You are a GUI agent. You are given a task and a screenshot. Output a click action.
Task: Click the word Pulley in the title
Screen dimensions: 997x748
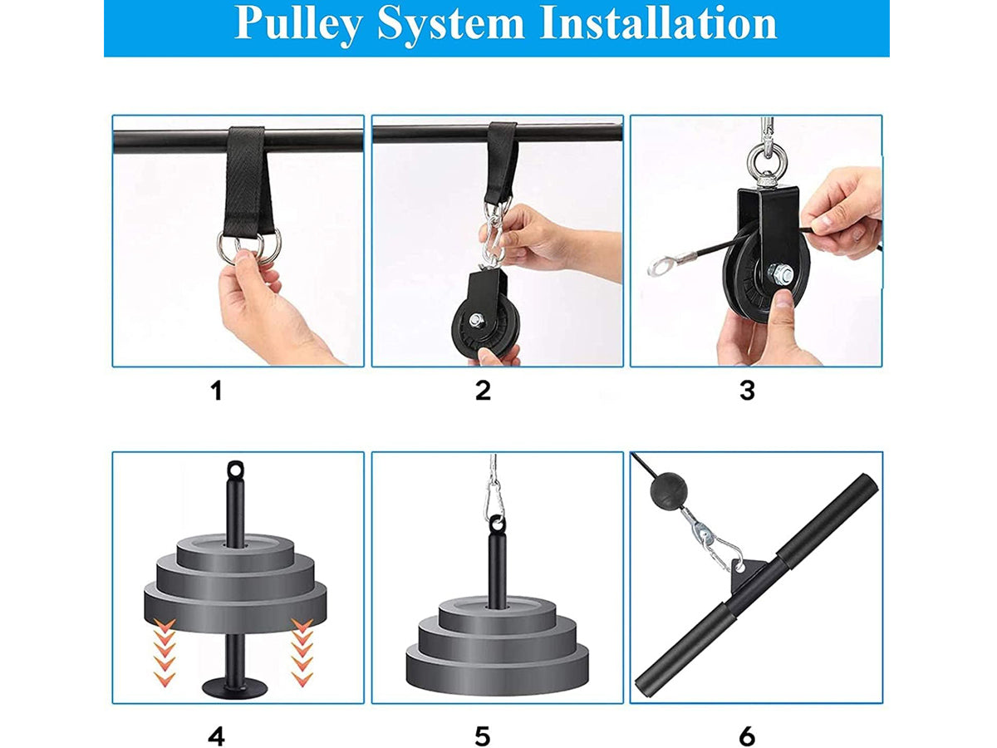[298, 24]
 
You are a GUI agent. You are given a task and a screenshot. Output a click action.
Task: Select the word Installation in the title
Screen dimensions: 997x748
[659, 22]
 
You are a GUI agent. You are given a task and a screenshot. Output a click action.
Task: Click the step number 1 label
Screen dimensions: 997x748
[217, 391]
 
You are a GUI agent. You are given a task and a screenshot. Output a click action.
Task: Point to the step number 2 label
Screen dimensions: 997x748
[483, 391]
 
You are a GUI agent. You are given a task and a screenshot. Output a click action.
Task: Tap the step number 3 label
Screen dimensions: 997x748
[747, 391]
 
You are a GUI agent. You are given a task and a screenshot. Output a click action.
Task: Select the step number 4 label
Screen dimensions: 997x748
[217, 736]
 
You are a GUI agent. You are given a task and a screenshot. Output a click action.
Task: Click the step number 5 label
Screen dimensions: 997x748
[483, 736]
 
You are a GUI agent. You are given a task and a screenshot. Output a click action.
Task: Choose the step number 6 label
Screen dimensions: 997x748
[747, 736]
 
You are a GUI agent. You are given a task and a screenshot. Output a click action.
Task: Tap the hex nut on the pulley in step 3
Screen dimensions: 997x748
[780, 274]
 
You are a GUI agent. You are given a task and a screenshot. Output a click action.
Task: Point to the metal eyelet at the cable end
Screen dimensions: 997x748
[658, 266]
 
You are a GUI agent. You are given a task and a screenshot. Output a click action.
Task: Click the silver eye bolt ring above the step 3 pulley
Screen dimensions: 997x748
[767, 158]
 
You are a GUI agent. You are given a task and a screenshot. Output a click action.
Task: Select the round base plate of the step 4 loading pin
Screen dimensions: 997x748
[234, 688]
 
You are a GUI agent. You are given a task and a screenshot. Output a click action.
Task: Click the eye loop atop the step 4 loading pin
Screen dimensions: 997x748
[235, 468]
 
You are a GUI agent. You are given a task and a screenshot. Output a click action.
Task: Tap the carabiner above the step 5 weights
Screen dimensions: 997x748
[495, 501]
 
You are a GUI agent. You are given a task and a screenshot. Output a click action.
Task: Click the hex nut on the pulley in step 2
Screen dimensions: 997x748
[477, 319]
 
